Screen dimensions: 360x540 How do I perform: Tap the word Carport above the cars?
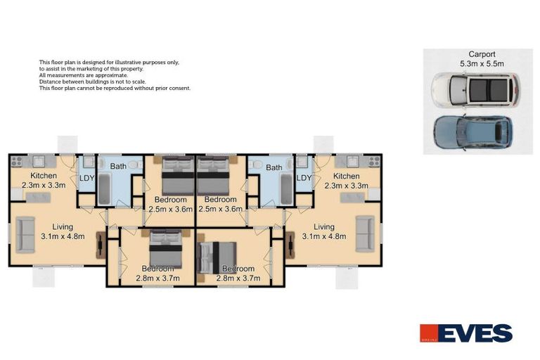482,54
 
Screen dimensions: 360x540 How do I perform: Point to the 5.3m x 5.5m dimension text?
482,63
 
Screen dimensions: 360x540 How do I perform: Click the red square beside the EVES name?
429,332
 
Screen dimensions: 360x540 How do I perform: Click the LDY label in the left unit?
86,178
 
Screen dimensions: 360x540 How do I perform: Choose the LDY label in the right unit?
304,178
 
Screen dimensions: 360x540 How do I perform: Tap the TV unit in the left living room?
101,245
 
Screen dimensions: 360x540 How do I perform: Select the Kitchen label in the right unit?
347,176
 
